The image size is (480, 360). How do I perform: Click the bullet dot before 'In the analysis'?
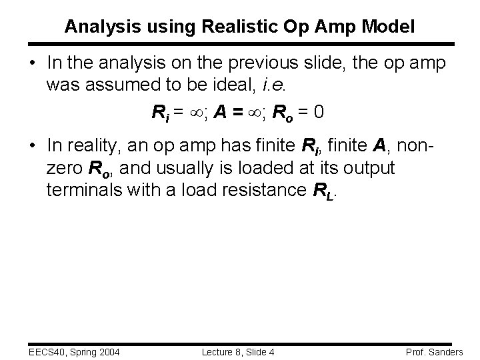click(x=32, y=63)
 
